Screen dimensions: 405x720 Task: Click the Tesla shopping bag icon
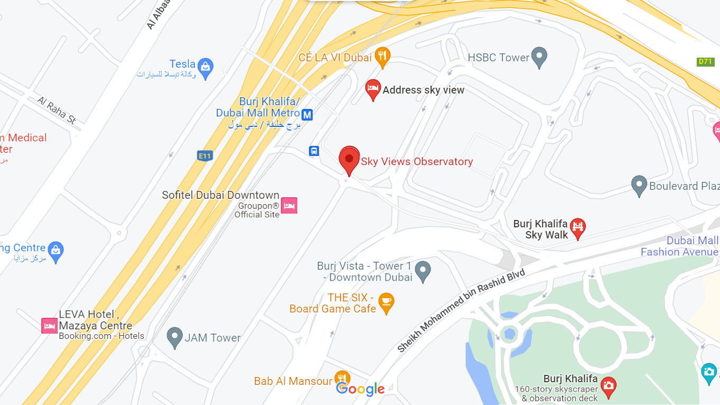(x=205, y=66)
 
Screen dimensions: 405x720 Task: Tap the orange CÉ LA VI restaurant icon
(x=382, y=56)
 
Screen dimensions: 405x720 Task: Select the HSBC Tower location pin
(x=539, y=57)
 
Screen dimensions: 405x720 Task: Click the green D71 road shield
(x=705, y=62)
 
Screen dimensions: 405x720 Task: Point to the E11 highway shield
(x=204, y=155)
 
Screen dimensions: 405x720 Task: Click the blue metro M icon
(x=307, y=114)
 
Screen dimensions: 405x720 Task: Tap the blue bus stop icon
(x=314, y=151)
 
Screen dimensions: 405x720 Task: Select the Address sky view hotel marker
(x=373, y=89)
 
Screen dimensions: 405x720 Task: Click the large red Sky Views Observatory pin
(x=349, y=159)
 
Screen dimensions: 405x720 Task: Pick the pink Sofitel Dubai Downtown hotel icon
(x=289, y=205)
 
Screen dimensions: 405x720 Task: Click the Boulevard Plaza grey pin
(x=639, y=185)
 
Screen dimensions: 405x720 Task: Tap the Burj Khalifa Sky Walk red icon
(x=578, y=228)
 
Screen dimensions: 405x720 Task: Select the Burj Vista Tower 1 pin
(x=422, y=271)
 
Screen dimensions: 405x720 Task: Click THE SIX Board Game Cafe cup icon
(x=386, y=302)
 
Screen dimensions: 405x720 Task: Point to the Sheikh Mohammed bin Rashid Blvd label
(x=461, y=310)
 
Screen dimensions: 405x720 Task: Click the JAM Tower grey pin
(x=175, y=337)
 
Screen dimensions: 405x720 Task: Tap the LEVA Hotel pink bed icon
(x=49, y=326)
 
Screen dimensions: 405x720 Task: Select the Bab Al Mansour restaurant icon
(x=342, y=379)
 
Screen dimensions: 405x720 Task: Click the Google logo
(x=360, y=390)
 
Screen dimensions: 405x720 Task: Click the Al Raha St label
(x=57, y=111)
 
